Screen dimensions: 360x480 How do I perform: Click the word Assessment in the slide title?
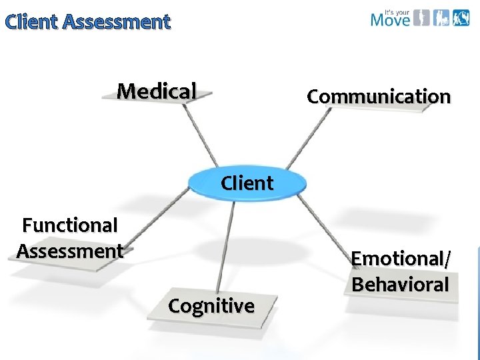tap(117, 22)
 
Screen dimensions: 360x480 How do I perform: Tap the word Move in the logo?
tap(390, 19)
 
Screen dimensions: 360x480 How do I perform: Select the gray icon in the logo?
tap(421, 17)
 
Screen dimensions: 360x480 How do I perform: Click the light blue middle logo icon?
tap(441, 17)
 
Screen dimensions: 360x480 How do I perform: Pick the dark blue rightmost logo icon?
tap(461, 17)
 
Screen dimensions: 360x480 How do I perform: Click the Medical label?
tap(157, 91)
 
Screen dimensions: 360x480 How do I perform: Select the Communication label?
tap(379, 97)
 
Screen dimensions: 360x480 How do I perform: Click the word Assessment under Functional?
tap(70, 251)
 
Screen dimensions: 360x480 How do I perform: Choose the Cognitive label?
tap(211, 306)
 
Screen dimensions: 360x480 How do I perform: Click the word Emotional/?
tap(401, 259)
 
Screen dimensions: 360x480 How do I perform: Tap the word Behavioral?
tap(401, 285)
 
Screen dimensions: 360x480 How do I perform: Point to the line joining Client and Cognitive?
tap(227, 247)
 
